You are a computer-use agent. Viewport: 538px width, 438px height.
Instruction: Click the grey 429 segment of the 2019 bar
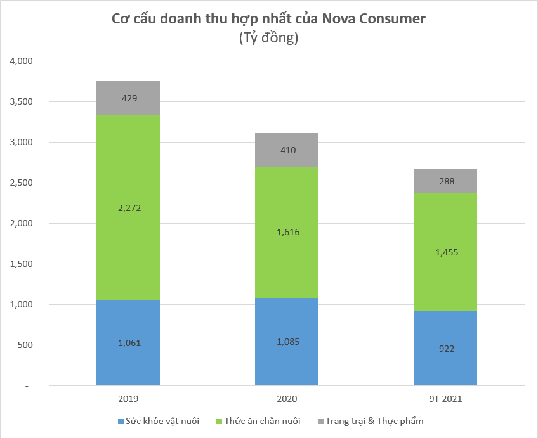pos(128,98)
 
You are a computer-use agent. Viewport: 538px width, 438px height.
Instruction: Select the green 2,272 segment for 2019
pos(128,207)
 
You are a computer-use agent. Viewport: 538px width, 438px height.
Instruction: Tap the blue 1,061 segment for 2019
pos(128,343)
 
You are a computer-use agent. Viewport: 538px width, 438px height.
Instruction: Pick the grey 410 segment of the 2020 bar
pos(286,150)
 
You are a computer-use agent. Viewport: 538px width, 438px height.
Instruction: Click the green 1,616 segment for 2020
pos(286,232)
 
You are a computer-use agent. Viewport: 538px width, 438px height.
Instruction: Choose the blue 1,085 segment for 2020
pos(286,342)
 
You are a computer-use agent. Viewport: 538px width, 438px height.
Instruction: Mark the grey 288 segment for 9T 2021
pos(445,181)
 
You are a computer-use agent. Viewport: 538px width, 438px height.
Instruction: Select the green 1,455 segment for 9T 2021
pos(445,252)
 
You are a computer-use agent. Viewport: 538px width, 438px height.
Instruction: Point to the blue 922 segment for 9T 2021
pos(445,349)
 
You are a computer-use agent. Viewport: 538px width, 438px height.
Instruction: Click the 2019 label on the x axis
pos(128,399)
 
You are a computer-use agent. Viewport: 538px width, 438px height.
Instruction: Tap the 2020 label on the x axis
pos(286,399)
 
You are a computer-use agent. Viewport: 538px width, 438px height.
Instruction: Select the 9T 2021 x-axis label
pos(445,399)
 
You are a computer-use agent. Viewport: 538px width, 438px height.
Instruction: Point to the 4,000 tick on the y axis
pos(21,61)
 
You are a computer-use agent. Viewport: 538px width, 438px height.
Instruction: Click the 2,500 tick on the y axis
pos(21,183)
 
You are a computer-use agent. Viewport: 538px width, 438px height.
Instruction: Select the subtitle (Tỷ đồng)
pos(268,38)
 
